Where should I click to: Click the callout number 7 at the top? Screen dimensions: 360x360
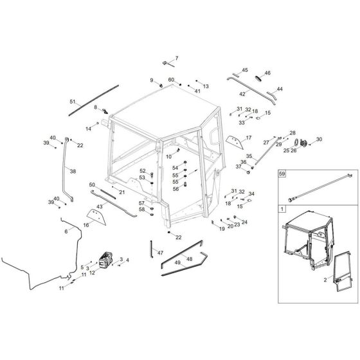(x=177, y=59)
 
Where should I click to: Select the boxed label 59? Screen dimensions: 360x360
(x=282, y=174)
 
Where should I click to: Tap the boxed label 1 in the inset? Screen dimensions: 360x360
(x=282, y=210)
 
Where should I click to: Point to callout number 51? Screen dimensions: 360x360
(x=73, y=102)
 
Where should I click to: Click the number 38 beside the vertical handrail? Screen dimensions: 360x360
(x=73, y=172)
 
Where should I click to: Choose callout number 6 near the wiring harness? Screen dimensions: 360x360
(x=65, y=231)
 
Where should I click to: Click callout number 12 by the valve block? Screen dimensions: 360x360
(x=92, y=273)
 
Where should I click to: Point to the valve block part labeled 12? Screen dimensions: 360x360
(x=105, y=263)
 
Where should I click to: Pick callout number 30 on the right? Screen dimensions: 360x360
(x=319, y=139)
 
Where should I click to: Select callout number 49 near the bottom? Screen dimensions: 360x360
(x=175, y=264)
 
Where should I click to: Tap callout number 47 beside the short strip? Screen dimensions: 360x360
(x=161, y=253)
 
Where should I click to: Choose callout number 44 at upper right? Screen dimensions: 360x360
(x=279, y=89)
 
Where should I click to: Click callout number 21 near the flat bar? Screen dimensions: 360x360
(x=122, y=193)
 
